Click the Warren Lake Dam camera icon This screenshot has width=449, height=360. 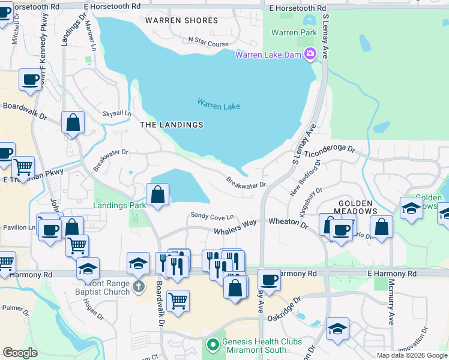310,55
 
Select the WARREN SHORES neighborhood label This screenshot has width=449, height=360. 182,20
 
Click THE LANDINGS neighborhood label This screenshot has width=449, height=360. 172,125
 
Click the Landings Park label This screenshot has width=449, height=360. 120,205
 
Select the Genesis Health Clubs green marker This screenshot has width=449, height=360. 211,345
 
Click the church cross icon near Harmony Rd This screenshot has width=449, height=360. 139,286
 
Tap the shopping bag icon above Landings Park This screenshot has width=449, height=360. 157,195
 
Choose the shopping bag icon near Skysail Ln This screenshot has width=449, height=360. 73,123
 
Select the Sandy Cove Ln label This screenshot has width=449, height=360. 211,215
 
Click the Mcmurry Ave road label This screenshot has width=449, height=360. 391,302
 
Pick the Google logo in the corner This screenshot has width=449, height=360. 20,353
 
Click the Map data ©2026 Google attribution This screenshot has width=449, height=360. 412,355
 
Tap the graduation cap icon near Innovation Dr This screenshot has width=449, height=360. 337,329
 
